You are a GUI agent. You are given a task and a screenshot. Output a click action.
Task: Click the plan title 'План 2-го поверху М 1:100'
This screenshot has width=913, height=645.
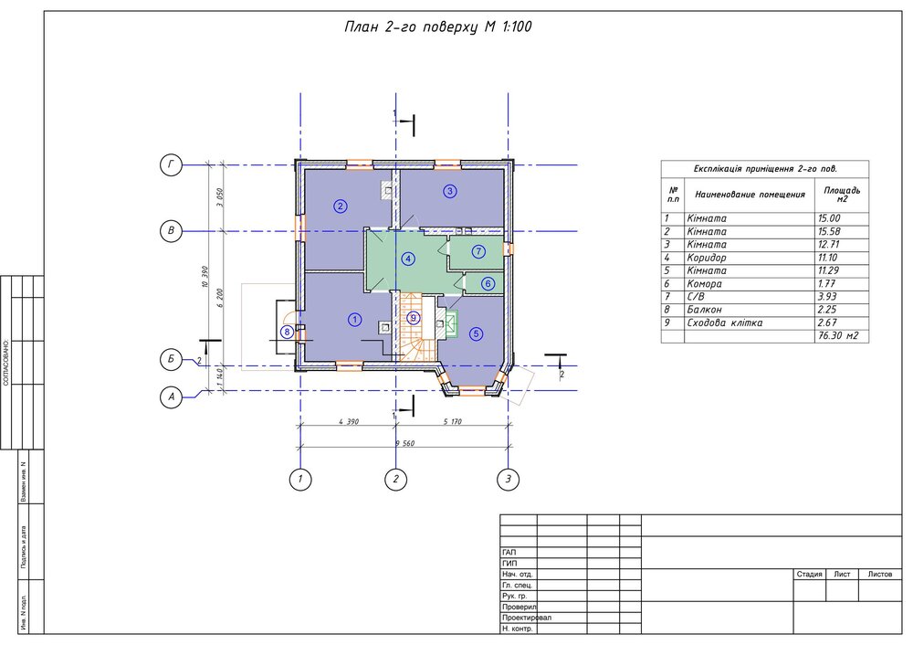point(437,26)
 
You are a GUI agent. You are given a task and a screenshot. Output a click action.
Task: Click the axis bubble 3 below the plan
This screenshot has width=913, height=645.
point(508,478)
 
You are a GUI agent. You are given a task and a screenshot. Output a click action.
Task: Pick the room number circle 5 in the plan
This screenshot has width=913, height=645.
point(476,334)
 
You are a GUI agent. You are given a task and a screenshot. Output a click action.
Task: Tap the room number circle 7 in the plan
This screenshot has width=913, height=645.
point(478,251)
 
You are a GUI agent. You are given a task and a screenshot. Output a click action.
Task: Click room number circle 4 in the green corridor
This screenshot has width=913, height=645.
point(408,259)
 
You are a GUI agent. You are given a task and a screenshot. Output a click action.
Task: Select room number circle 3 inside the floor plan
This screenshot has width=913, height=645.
point(449,191)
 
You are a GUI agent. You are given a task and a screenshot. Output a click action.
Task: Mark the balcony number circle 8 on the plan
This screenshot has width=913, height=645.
point(288,332)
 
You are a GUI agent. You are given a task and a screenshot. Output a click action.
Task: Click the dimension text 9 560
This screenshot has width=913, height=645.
point(404,442)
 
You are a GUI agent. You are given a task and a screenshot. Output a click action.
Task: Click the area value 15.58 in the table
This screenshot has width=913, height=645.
point(831,232)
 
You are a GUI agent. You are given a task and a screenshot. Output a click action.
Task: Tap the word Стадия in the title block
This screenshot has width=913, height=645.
point(809,575)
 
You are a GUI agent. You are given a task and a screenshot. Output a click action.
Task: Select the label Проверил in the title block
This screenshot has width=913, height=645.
point(519,607)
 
